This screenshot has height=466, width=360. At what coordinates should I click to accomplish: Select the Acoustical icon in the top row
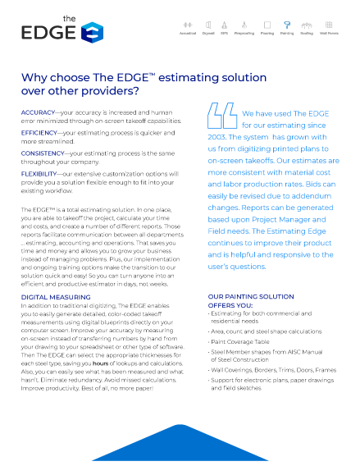click(x=189, y=27)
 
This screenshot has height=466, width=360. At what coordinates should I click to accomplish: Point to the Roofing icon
click(x=308, y=27)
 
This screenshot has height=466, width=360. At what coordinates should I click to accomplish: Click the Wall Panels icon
click(x=330, y=27)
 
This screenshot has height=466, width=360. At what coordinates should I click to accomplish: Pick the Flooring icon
click(x=268, y=27)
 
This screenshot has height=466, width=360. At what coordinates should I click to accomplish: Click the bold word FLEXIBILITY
click(x=39, y=174)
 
